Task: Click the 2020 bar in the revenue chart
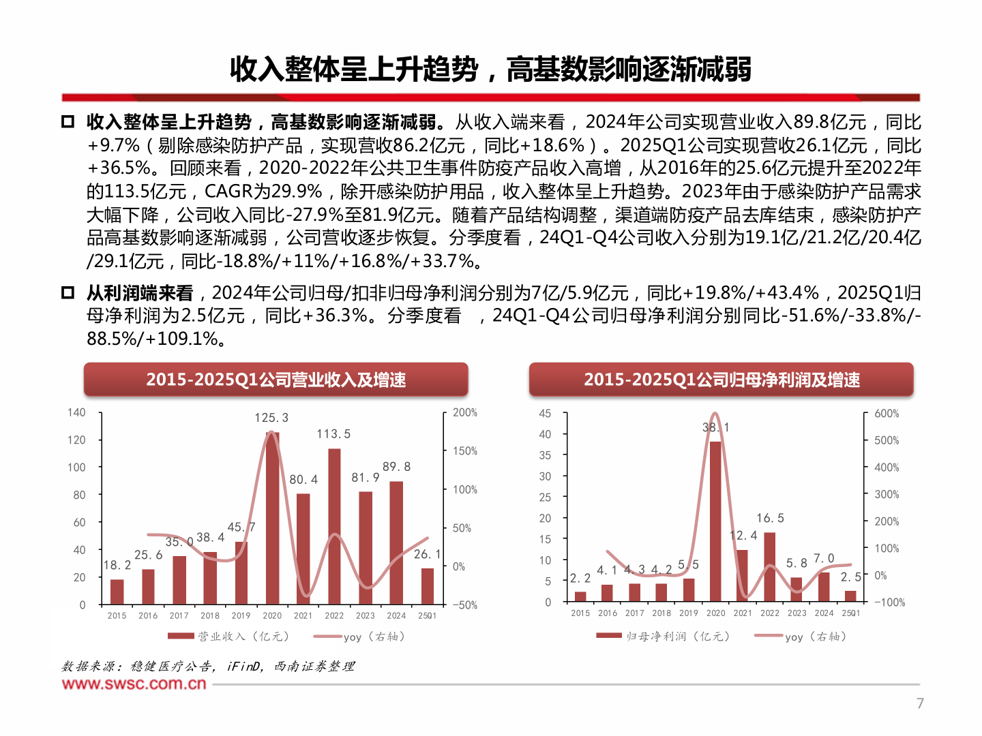click(272, 518)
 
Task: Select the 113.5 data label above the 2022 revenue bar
click(333, 434)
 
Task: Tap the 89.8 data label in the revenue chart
click(396, 467)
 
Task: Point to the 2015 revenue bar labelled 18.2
click(117, 592)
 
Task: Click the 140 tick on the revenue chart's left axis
click(76, 412)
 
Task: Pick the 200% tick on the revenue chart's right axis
click(465, 412)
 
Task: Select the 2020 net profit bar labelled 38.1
click(715, 521)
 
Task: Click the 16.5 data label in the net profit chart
click(770, 519)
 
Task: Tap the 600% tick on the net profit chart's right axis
click(887, 414)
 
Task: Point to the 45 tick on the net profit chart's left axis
click(545, 414)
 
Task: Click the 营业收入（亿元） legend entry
click(230, 637)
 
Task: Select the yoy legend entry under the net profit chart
click(802, 637)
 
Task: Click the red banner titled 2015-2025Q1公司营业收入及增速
click(276, 380)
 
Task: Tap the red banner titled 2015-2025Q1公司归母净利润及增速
click(721, 380)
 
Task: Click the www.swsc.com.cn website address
click(134, 684)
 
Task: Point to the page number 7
click(920, 703)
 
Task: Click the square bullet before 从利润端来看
click(68, 293)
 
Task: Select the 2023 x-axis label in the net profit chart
click(797, 613)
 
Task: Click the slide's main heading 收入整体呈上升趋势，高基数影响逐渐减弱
click(490, 70)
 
